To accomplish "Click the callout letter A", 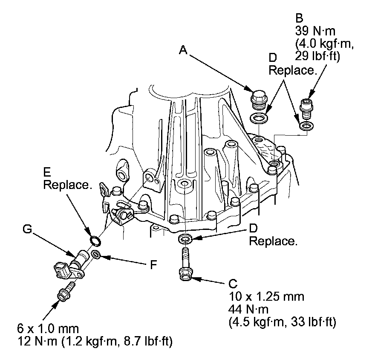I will coord(183,50).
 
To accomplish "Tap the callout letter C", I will coord(233,284).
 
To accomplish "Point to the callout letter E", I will coord(47,173).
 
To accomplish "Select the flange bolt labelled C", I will coord(185,267).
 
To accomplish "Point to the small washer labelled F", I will coord(96,255).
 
